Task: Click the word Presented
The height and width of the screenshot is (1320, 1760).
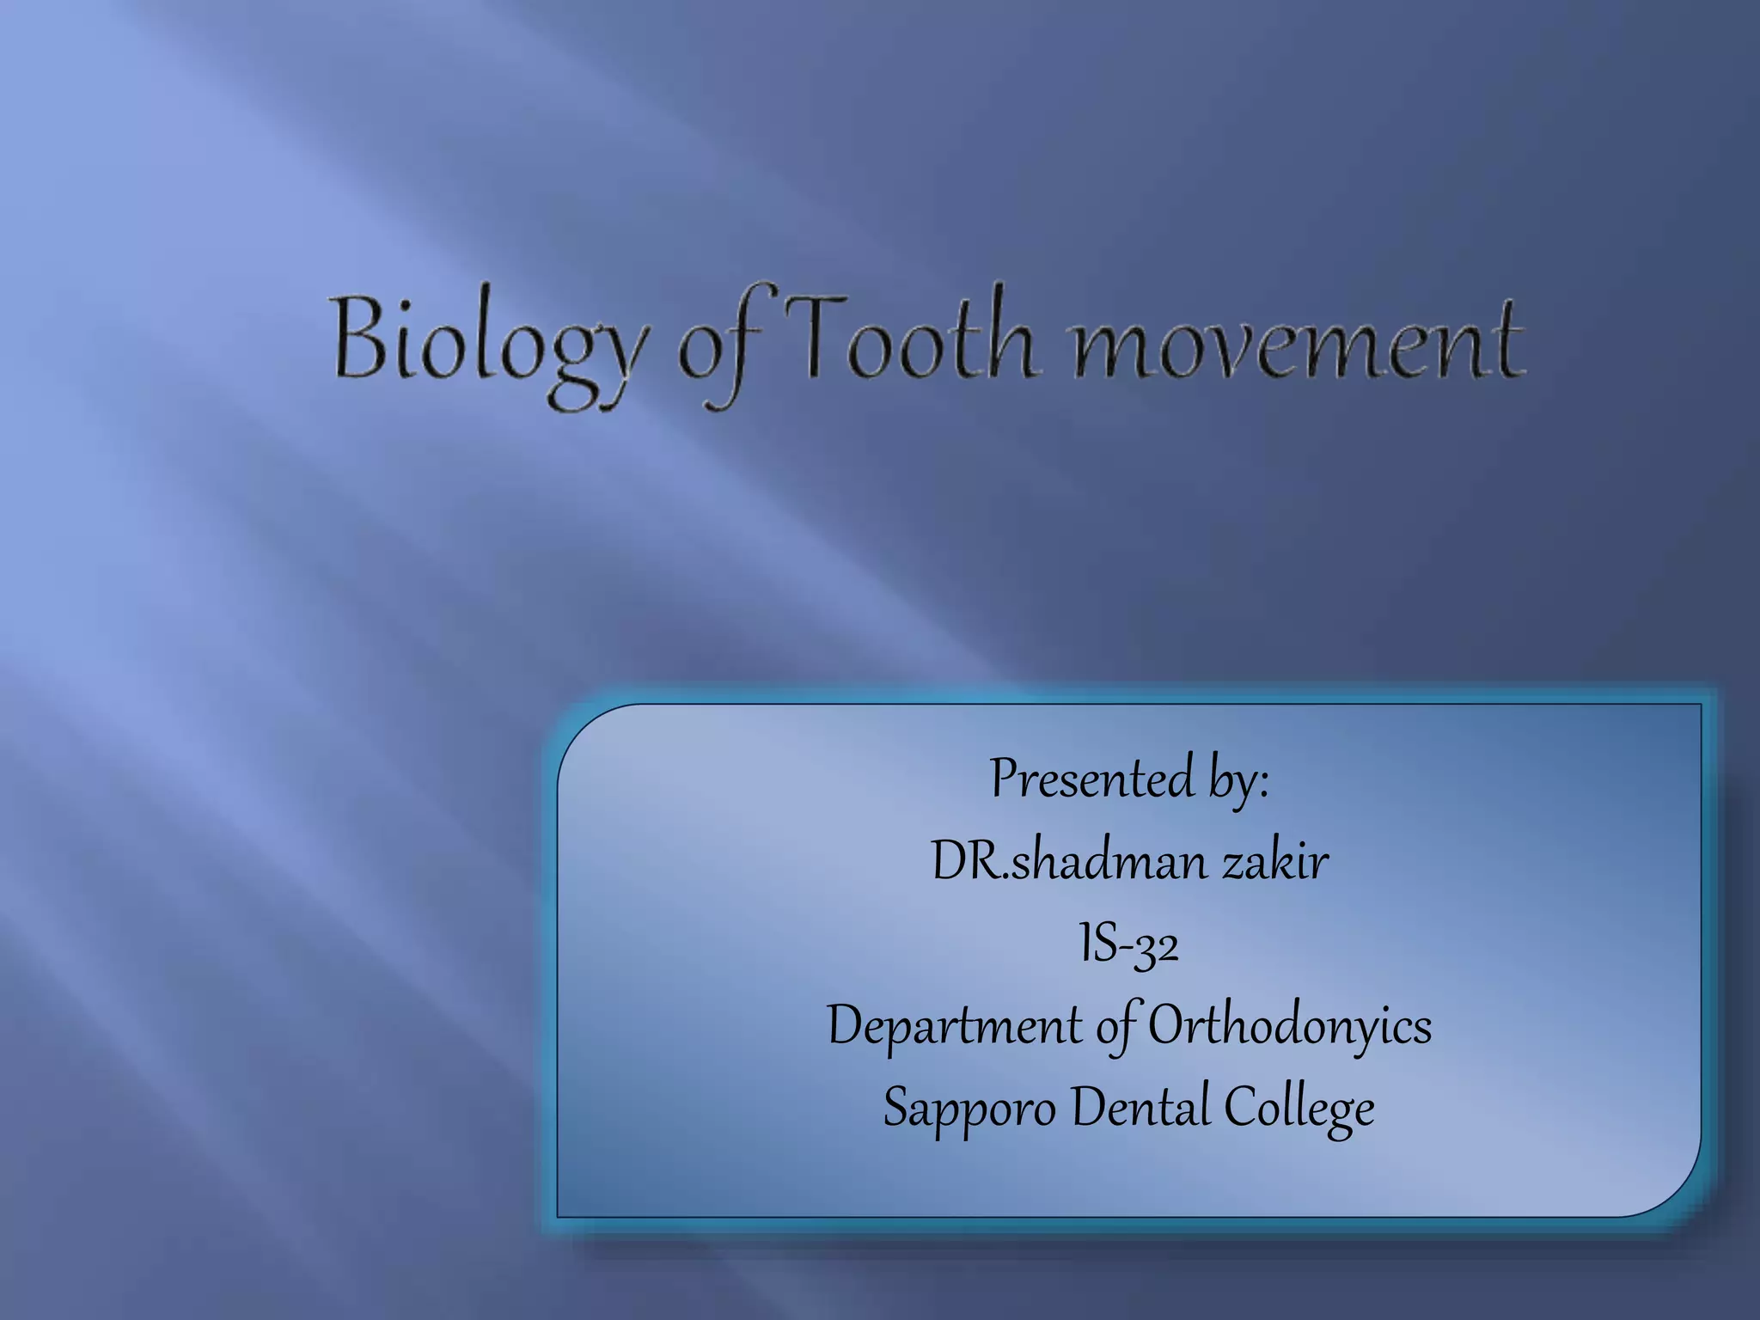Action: pyautogui.click(x=1091, y=779)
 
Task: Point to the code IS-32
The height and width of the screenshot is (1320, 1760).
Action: pyautogui.click(x=1129, y=944)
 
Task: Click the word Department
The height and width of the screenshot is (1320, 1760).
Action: pyautogui.click(x=955, y=1026)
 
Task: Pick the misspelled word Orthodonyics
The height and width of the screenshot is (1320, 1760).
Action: pyautogui.click(x=1290, y=1026)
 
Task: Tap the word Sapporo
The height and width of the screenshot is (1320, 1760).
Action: pyautogui.click(x=969, y=1108)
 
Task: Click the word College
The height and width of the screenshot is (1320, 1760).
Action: pyautogui.click(x=1299, y=1108)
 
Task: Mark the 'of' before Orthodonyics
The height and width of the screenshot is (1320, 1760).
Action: pyautogui.click(x=1116, y=1026)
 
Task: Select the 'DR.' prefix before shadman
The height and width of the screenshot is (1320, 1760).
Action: pyautogui.click(x=969, y=861)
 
